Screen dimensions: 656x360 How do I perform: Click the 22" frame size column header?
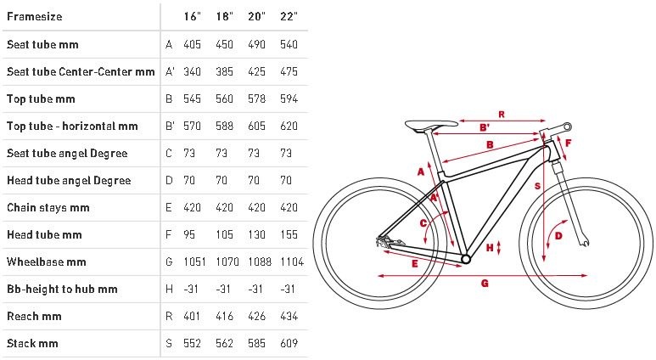289,16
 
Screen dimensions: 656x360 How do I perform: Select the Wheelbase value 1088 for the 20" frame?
260,262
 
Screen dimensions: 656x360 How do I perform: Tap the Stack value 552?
192,343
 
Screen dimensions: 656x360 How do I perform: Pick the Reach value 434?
289,316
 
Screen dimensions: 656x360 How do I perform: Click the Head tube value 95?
189,234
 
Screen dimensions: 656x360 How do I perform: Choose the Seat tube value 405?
192,44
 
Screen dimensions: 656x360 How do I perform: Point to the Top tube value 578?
256,98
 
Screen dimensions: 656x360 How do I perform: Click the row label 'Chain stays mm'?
48,208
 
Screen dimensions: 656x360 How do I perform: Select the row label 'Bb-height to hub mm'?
62,290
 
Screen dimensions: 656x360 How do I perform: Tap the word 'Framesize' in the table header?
34,17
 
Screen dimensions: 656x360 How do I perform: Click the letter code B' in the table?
170,126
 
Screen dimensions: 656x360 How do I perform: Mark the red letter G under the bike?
485,284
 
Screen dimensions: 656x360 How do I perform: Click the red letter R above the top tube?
502,115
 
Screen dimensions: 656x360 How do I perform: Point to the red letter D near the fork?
558,236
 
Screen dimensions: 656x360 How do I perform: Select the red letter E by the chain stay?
415,263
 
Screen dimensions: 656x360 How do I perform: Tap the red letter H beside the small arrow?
490,248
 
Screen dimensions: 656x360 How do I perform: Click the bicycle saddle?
431,125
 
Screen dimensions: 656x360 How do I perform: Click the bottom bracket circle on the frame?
466,260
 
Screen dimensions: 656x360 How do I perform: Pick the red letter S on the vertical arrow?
537,186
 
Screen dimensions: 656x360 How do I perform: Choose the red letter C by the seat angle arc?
423,223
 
